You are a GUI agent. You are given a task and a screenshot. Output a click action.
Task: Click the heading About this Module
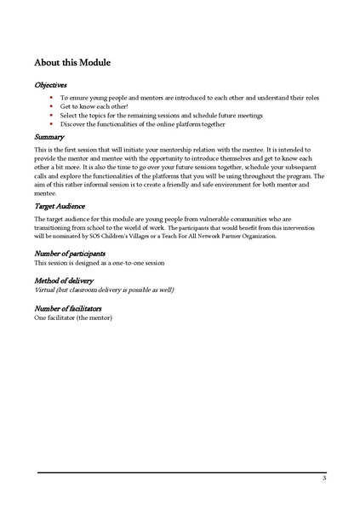[72, 63]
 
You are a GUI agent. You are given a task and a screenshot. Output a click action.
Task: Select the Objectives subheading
[52, 85]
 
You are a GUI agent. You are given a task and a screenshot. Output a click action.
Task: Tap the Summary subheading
[49, 136]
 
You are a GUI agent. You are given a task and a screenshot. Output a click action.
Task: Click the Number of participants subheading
[70, 254]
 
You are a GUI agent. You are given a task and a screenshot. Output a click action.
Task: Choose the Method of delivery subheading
[64, 280]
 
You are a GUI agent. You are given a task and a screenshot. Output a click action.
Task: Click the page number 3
[324, 479]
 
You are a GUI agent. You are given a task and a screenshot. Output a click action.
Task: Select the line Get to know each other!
[94, 106]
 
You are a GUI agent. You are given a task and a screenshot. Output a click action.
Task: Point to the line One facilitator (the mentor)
[73, 317]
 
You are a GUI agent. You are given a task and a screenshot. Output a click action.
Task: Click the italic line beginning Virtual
[104, 290]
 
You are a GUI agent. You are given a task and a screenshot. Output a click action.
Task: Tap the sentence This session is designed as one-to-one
[99, 263]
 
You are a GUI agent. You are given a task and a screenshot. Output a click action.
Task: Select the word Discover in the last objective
[74, 123]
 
